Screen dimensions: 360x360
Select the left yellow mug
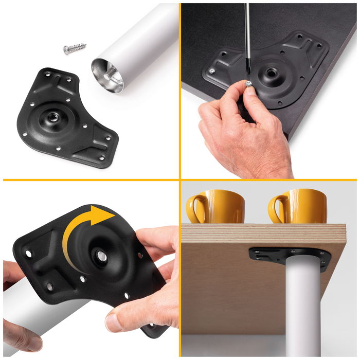(220, 207)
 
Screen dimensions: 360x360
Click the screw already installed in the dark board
(211, 71)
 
